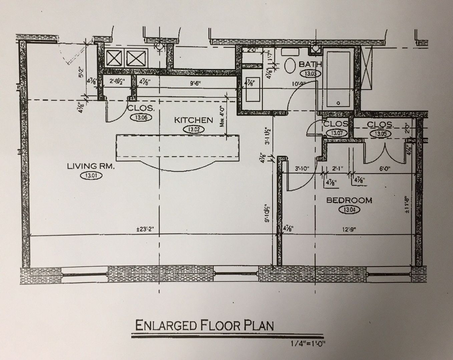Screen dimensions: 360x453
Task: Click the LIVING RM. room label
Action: pyautogui.click(x=91, y=166)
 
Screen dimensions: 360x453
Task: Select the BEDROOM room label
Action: pyautogui.click(x=349, y=200)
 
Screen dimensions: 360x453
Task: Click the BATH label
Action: pyautogui.click(x=310, y=64)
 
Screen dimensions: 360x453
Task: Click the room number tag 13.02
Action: pyautogui.click(x=193, y=130)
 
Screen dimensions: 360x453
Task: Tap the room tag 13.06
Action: pyautogui.click(x=141, y=117)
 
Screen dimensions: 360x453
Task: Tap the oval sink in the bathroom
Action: pyautogui.click(x=290, y=66)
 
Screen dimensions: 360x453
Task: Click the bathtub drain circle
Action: pyautogui.click(x=339, y=103)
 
